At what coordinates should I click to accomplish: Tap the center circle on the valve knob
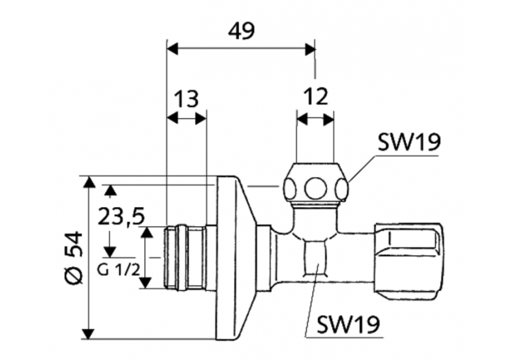pos(316,188)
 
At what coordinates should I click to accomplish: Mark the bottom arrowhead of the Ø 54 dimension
pos(88,333)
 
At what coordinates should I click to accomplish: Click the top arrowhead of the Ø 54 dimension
pos(88,182)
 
